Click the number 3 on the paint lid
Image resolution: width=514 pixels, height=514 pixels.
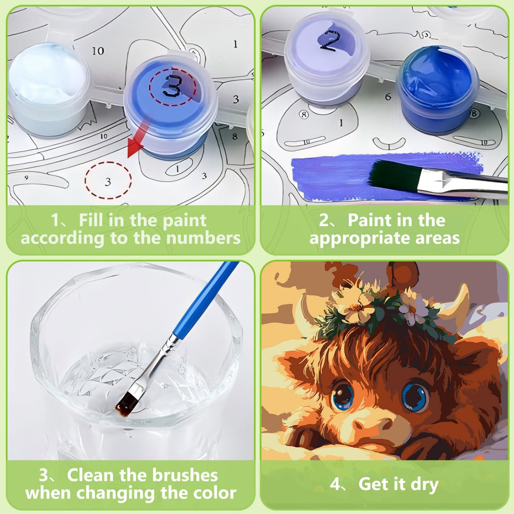[x=172, y=86]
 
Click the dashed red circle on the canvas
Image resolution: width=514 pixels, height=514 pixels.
[x=108, y=181]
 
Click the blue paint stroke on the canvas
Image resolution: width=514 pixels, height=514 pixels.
[x=330, y=176]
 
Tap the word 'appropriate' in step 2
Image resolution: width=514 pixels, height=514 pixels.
[x=359, y=238]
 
